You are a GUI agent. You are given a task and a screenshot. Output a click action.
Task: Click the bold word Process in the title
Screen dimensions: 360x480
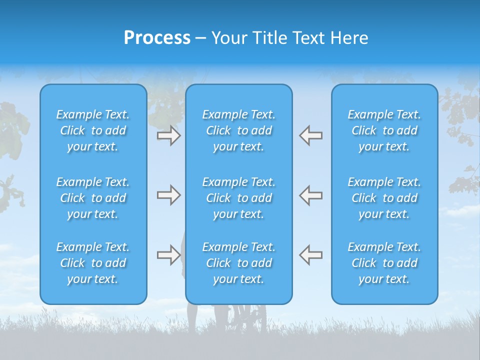coord(157,38)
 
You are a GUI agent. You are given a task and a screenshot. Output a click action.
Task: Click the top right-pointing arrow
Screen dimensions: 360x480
coord(168,135)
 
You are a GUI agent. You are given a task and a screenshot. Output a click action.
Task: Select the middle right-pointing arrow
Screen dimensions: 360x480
coord(168,195)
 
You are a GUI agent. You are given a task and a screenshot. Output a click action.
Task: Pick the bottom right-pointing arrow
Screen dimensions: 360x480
coord(168,255)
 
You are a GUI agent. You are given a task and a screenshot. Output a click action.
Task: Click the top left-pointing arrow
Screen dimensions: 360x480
coord(310,135)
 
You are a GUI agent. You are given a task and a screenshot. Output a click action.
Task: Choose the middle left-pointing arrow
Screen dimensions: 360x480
coord(310,195)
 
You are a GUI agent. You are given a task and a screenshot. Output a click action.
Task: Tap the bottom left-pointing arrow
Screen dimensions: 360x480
coord(310,255)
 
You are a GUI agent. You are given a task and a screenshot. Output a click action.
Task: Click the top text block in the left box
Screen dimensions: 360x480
coord(93,130)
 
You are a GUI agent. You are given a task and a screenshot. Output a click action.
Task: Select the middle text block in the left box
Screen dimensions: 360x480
coord(93,198)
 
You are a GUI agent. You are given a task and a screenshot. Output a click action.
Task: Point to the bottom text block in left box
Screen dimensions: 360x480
coord(93,263)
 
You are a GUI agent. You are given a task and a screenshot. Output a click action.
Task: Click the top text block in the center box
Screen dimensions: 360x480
coord(238,130)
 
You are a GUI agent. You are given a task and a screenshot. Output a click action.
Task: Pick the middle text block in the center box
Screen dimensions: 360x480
coord(238,198)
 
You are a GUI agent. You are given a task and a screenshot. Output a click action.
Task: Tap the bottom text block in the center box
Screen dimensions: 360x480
coord(238,263)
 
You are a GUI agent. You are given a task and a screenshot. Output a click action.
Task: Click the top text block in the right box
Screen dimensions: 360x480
coord(384,130)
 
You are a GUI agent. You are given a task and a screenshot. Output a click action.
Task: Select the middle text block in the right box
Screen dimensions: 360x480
coord(384,198)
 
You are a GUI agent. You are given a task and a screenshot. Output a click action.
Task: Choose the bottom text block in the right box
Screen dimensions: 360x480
coord(384,263)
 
